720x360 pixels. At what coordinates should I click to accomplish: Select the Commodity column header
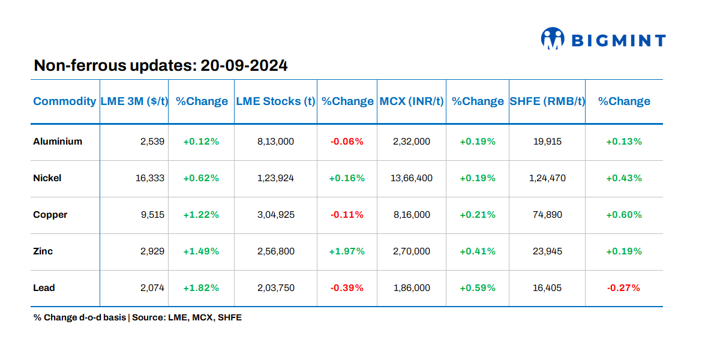click(x=64, y=101)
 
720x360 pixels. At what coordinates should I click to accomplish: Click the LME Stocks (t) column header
click(x=275, y=101)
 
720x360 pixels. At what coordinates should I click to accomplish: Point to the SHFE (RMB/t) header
click(x=547, y=101)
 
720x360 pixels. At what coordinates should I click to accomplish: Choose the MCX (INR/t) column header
click(x=412, y=101)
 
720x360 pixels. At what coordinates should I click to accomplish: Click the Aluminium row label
click(x=58, y=142)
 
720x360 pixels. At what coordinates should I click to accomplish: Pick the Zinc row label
click(x=43, y=251)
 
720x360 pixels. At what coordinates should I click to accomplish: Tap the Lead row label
click(x=44, y=288)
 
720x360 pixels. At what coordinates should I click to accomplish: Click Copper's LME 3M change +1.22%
click(x=201, y=215)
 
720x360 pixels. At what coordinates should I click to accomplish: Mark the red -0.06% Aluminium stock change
click(x=347, y=142)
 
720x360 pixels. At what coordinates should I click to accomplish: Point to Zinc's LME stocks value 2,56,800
click(x=276, y=251)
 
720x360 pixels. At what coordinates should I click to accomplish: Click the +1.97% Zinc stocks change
click(x=347, y=251)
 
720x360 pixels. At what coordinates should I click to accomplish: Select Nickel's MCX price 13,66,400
click(x=412, y=178)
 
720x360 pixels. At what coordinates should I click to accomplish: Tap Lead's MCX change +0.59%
click(x=478, y=288)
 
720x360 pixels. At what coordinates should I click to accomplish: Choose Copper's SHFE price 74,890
click(x=547, y=215)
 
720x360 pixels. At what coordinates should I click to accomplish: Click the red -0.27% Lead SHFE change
click(x=624, y=288)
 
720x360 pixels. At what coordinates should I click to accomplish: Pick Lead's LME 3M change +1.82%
click(x=201, y=288)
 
